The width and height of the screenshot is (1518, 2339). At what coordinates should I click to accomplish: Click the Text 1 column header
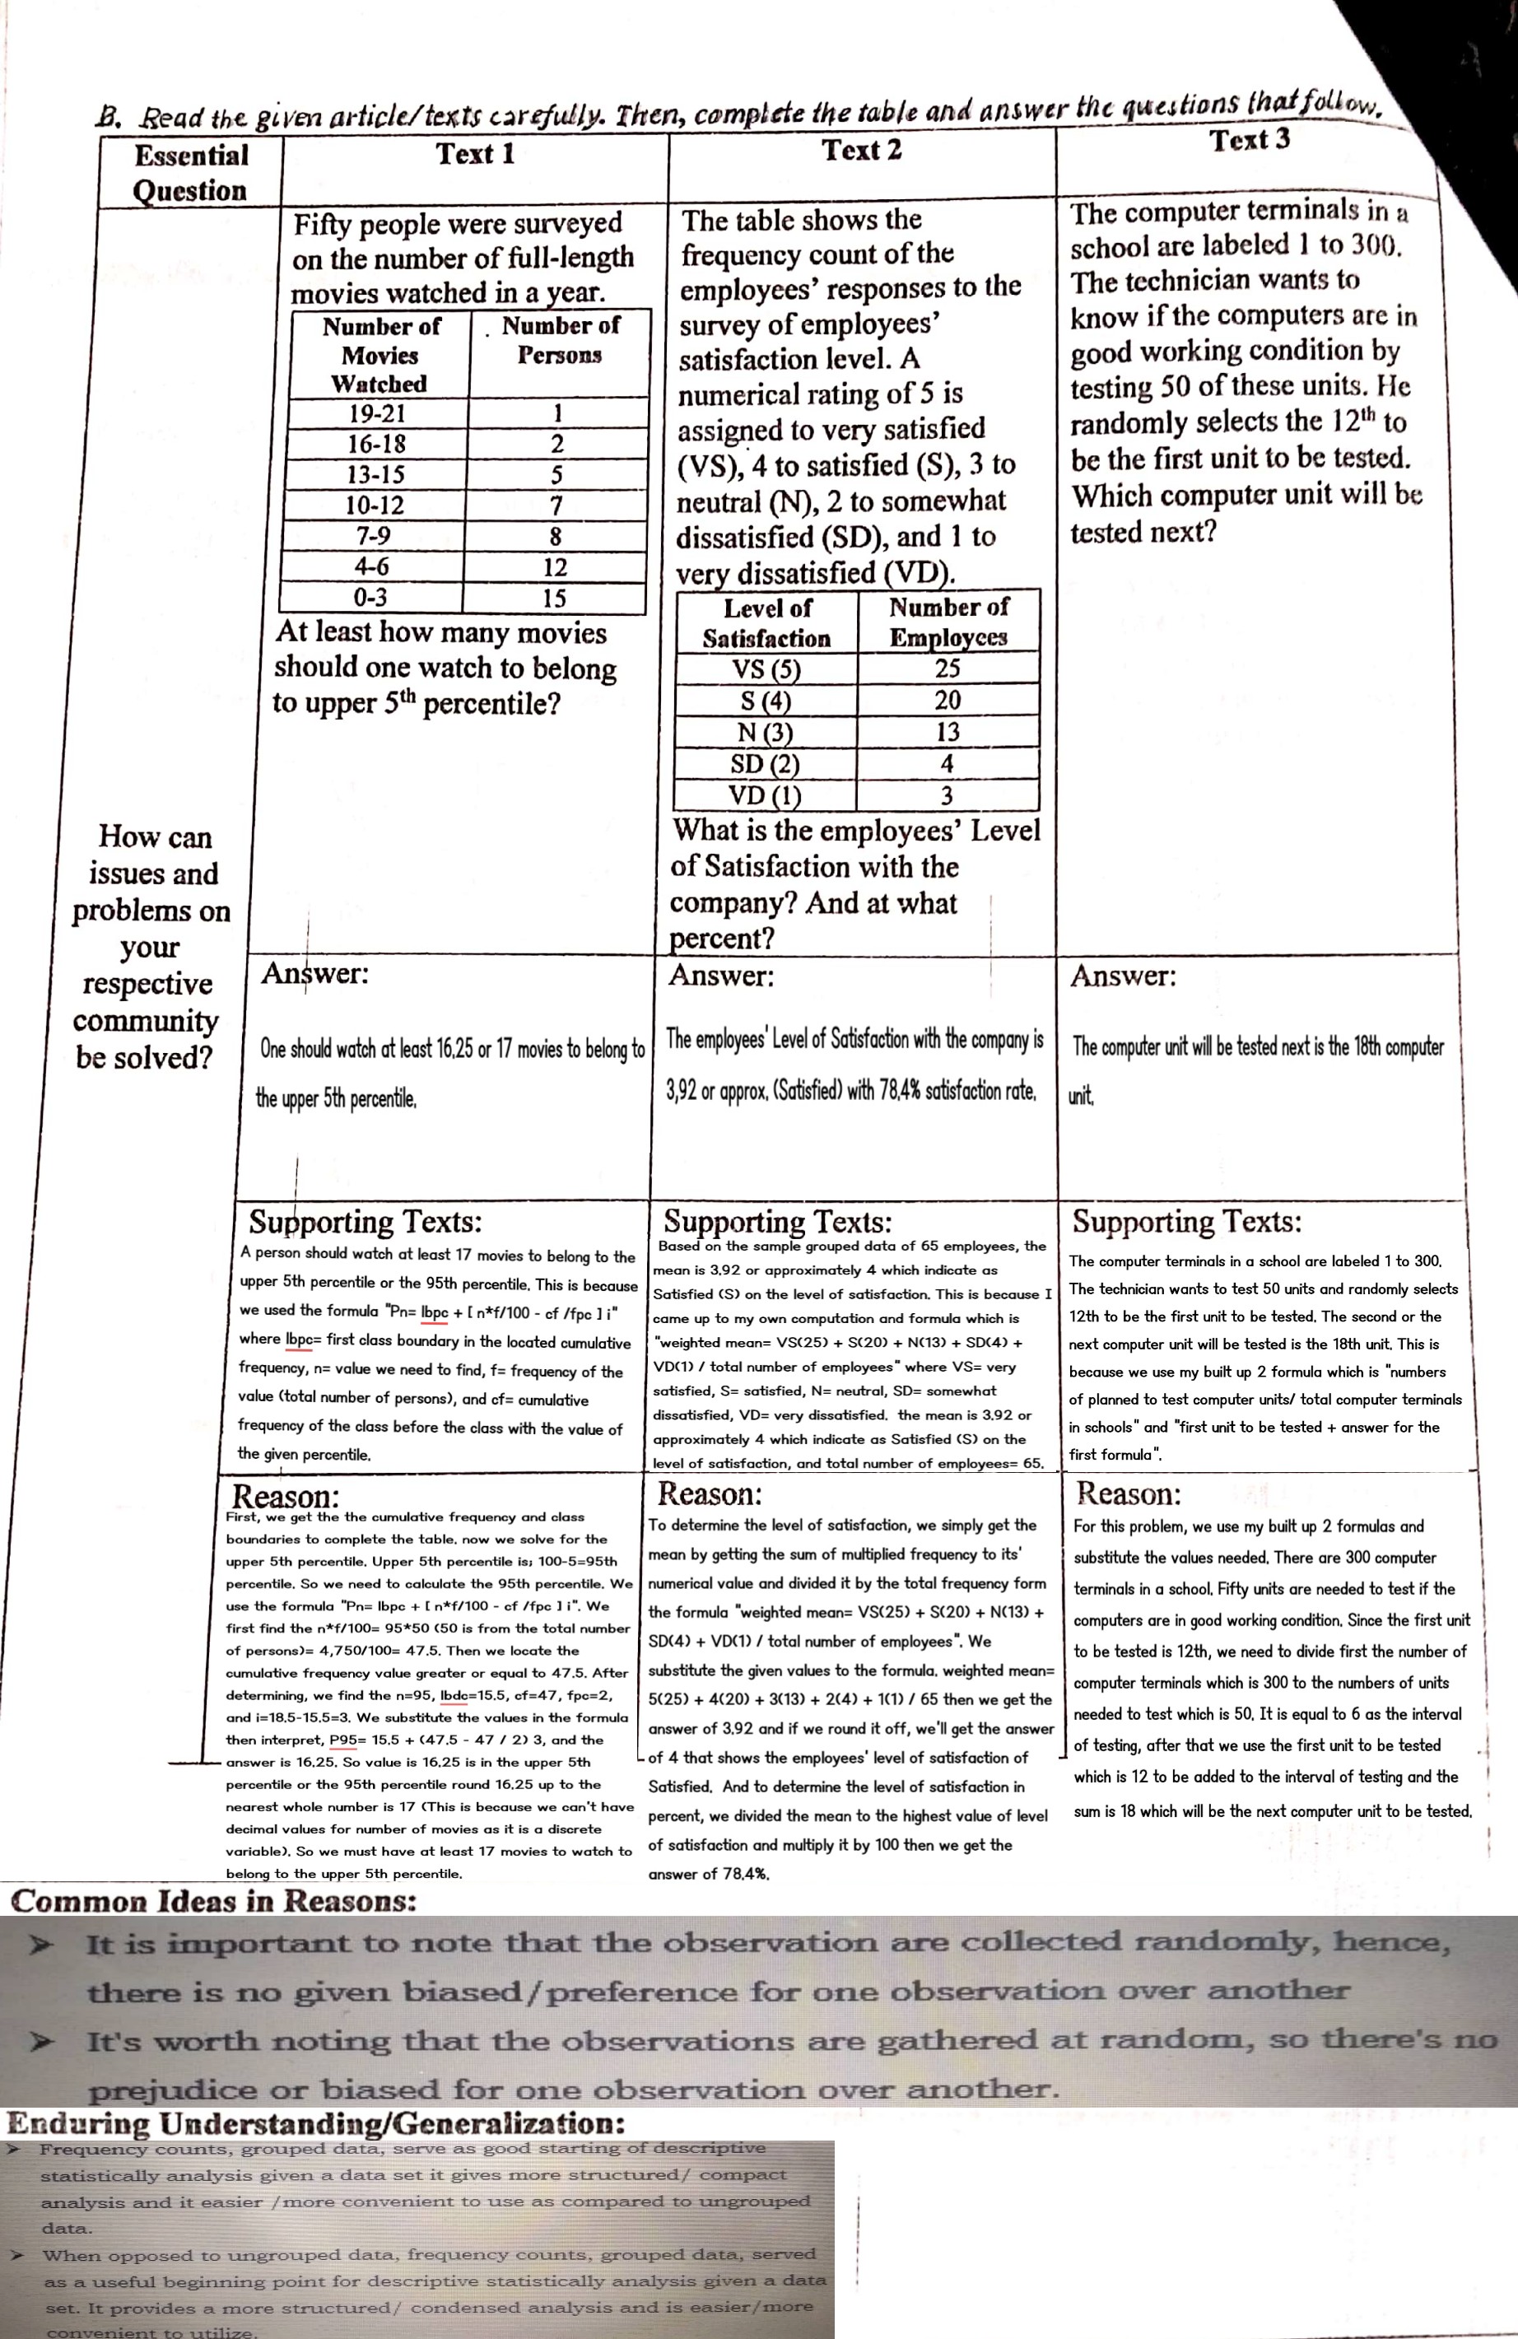pos(476,154)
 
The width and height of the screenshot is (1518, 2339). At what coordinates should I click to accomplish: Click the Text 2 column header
pos(862,151)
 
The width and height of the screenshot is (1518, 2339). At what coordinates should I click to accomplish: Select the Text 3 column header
pos(1250,141)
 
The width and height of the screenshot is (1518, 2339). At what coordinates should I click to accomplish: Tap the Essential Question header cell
pos(191,172)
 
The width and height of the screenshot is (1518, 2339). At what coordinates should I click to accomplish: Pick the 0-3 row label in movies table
pos(370,598)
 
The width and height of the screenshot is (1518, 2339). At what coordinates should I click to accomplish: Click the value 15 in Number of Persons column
pos(554,598)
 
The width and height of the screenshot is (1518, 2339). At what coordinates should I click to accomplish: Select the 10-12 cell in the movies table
pos(375,506)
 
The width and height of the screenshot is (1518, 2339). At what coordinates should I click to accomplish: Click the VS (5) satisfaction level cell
pos(766,669)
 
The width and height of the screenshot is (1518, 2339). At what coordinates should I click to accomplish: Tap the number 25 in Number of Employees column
pos(948,669)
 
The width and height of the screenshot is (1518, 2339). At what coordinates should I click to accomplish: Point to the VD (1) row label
pos(765,794)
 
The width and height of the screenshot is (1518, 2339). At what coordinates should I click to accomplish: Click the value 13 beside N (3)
pos(948,731)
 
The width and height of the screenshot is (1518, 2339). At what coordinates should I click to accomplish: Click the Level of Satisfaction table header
pos(766,623)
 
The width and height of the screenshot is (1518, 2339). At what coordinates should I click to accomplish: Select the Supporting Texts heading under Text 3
pos(1186,1222)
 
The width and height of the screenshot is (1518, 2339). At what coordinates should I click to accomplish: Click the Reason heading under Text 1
pos(285,1497)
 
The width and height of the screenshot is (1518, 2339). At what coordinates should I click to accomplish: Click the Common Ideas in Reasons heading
pos(213,1901)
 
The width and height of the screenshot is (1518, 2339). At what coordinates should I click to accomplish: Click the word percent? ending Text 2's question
pos(721,939)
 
